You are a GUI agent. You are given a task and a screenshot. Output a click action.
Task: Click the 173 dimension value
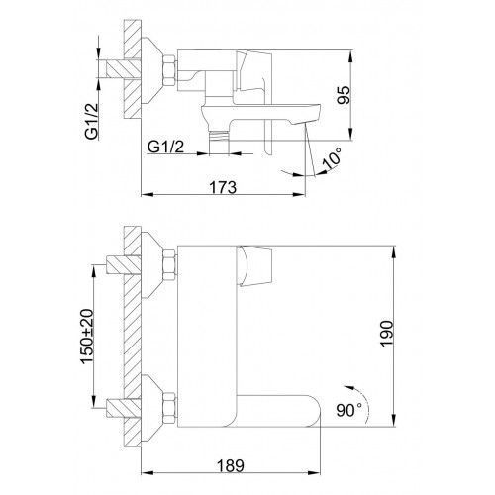pyautogui.click(x=223, y=187)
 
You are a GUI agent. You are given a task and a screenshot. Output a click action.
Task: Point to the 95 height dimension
pyautogui.click(x=345, y=95)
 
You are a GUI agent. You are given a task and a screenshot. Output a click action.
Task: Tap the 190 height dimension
pyautogui.click(x=387, y=333)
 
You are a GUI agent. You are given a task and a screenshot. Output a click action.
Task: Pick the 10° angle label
pyautogui.click(x=333, y=158)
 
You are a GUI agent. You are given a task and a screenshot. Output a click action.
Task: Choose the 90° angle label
pyautogui.click(x=348, y=410)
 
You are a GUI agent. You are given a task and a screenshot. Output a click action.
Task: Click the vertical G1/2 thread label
pyautogui.click(x=91, y=121)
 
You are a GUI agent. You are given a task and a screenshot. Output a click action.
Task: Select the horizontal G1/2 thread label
pyautogui.click(x=165, y=147)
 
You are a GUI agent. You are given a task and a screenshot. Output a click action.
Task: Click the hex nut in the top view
pyautogui.click(x=169, y=71)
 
